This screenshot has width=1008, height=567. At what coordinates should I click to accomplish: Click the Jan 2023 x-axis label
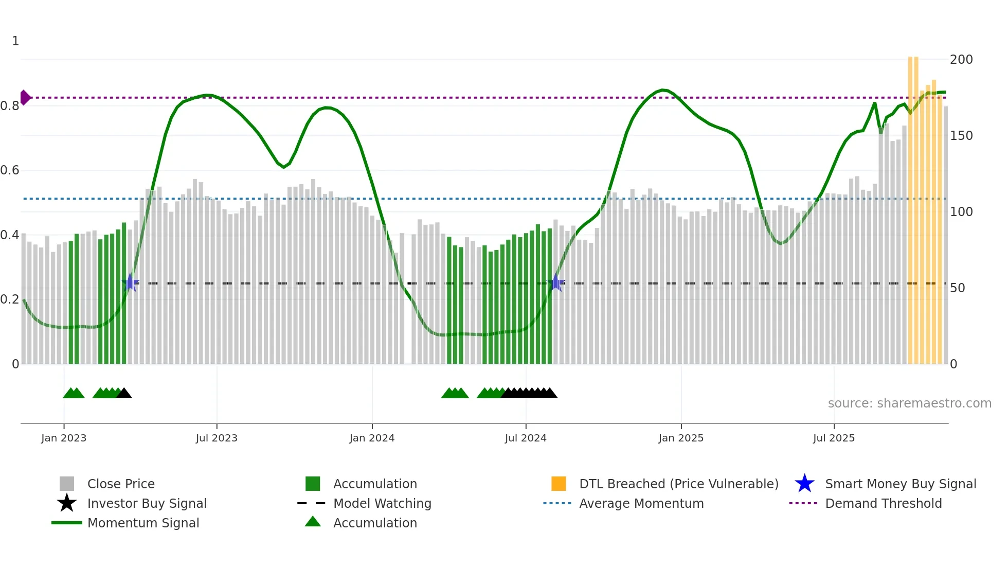(64, 438)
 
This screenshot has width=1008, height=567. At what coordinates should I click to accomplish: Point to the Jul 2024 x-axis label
(526, 438)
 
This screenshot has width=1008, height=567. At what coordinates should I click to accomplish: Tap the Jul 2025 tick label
(834, 438)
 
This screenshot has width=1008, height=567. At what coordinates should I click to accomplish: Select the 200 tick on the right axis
(961, 60)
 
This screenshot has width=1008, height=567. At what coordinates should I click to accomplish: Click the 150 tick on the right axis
(961, 136)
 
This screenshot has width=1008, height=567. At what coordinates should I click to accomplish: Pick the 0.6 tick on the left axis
(10, 170)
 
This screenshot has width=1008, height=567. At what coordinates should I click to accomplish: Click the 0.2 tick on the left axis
(10, 299)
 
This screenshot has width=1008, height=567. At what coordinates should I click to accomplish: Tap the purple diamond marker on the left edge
(25, 98)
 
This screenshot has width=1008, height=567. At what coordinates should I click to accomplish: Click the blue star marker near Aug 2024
(556, 282)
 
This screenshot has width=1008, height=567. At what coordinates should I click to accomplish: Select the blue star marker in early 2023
(131, 282)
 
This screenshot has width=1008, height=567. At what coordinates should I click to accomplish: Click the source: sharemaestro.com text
(909, 403)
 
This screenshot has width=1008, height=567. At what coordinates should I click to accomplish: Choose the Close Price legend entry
(121, 484)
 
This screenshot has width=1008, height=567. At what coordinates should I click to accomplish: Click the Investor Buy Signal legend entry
(147, 504)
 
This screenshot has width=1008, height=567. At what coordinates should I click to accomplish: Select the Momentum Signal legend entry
(143, 523)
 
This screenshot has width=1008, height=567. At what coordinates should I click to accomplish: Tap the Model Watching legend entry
(382, 504)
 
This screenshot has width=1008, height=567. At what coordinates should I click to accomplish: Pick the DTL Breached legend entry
(678, 484)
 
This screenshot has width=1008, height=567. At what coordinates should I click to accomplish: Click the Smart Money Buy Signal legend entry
(900, 484)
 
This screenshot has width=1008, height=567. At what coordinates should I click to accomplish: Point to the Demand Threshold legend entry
(883, 504)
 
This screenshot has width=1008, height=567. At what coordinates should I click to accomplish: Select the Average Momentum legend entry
(641, 504)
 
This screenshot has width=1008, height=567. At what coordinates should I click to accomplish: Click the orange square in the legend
(559, 484)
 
